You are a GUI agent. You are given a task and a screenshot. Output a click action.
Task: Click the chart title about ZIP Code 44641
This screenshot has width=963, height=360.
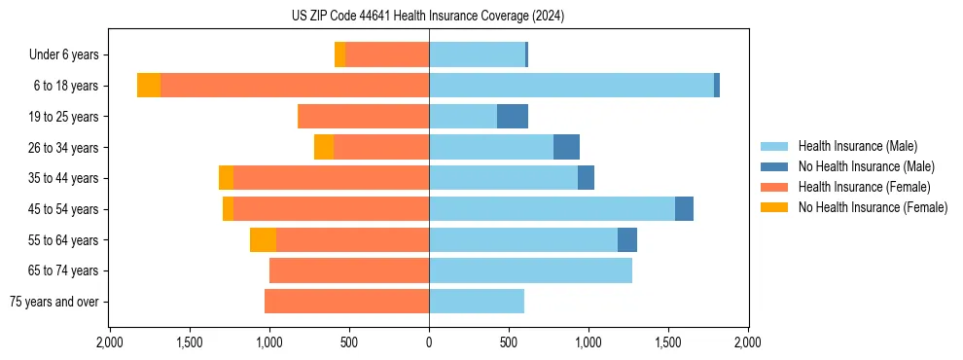[428, 17]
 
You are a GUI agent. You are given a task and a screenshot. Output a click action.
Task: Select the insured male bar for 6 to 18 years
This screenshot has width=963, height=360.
[571, 86]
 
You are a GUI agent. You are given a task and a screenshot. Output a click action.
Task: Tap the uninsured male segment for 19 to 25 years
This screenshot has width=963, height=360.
[513, 117]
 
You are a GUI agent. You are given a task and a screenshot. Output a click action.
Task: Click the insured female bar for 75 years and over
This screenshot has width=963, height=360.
[346, 302]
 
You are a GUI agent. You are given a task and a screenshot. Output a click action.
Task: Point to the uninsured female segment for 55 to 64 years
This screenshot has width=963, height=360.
[263, 240]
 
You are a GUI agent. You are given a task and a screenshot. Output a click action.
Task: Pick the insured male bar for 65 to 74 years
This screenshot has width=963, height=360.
[530, 270]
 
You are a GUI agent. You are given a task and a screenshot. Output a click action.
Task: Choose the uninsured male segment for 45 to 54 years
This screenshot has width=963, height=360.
[684, 209]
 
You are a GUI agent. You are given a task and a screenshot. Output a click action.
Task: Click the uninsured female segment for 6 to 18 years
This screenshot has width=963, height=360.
[149, 86]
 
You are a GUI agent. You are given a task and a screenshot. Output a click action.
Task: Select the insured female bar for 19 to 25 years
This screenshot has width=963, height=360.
[363, 117]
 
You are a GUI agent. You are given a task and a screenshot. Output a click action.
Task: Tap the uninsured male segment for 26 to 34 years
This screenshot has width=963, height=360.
[566, 148]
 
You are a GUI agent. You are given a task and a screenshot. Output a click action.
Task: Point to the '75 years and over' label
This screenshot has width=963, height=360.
[53, 302]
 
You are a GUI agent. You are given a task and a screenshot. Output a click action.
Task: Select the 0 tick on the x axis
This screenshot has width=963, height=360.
[429, 342]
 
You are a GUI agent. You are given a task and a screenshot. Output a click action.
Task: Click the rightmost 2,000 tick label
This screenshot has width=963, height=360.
[747, 342]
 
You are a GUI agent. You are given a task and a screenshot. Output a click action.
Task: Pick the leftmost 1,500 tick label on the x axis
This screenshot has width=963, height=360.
[189, 342]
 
